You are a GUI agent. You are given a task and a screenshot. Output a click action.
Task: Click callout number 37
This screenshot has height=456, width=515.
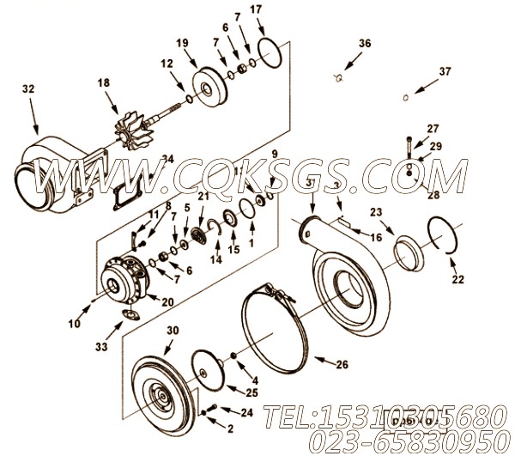(444, 71)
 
